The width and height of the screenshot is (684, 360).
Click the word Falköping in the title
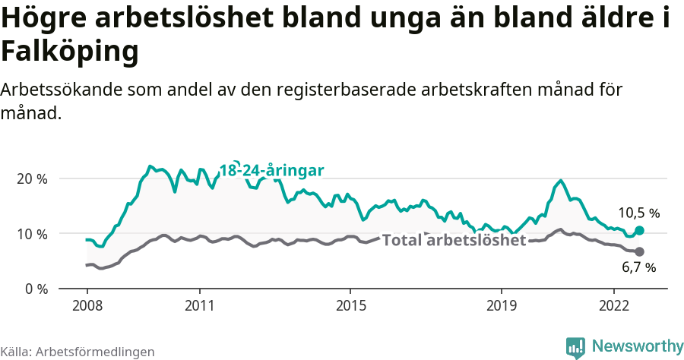pos(70,52)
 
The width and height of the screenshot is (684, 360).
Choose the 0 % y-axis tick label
pos(36,289)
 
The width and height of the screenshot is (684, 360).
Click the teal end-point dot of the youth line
pos(639,230)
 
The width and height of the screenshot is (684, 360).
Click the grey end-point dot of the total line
pos(639,251)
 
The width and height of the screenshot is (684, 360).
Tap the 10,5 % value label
pos(638,213)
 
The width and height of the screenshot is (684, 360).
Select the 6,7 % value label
pos(638,267)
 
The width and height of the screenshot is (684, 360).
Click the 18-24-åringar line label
pos(271,170)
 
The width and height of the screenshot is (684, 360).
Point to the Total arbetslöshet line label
pos(454,241)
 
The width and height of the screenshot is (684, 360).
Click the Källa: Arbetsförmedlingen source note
pos(78,352)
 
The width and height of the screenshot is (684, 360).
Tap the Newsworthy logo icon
pos(575,347)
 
